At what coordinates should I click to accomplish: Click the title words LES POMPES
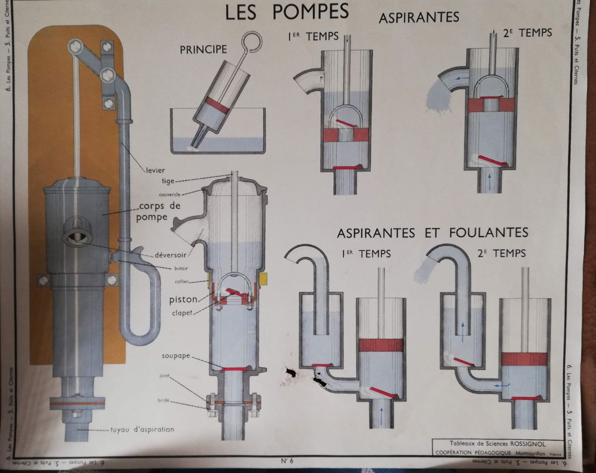(x=287, y=12)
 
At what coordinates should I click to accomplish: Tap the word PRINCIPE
(x=203, y=49)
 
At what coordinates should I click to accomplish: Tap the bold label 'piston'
(x=183, y=299)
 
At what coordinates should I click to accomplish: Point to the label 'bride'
(x=164, y=399)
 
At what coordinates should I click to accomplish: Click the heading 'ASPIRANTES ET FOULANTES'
(x=432, y=233)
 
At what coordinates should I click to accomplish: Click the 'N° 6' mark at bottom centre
(x=288, y=460)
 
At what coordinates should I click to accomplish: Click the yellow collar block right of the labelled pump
(x=264, y=277)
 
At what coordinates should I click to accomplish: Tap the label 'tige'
(x=167, y=181)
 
